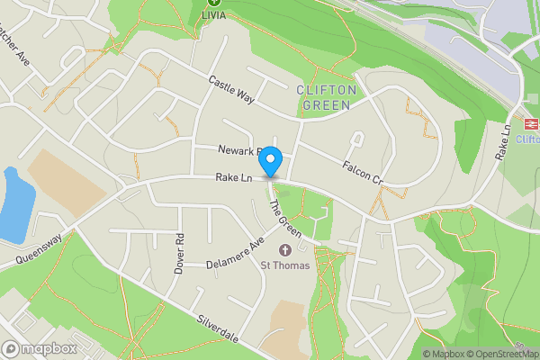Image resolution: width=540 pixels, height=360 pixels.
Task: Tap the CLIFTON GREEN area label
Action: point(327,97)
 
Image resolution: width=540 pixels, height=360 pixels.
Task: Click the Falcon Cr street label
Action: point(363,173)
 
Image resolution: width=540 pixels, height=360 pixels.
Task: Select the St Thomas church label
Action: point(285,265)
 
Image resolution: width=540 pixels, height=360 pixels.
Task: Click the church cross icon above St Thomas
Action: point(286,249)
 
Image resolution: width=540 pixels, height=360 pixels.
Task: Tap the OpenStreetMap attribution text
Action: point(499,354)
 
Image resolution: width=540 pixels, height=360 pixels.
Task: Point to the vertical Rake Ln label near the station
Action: point(506,142)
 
